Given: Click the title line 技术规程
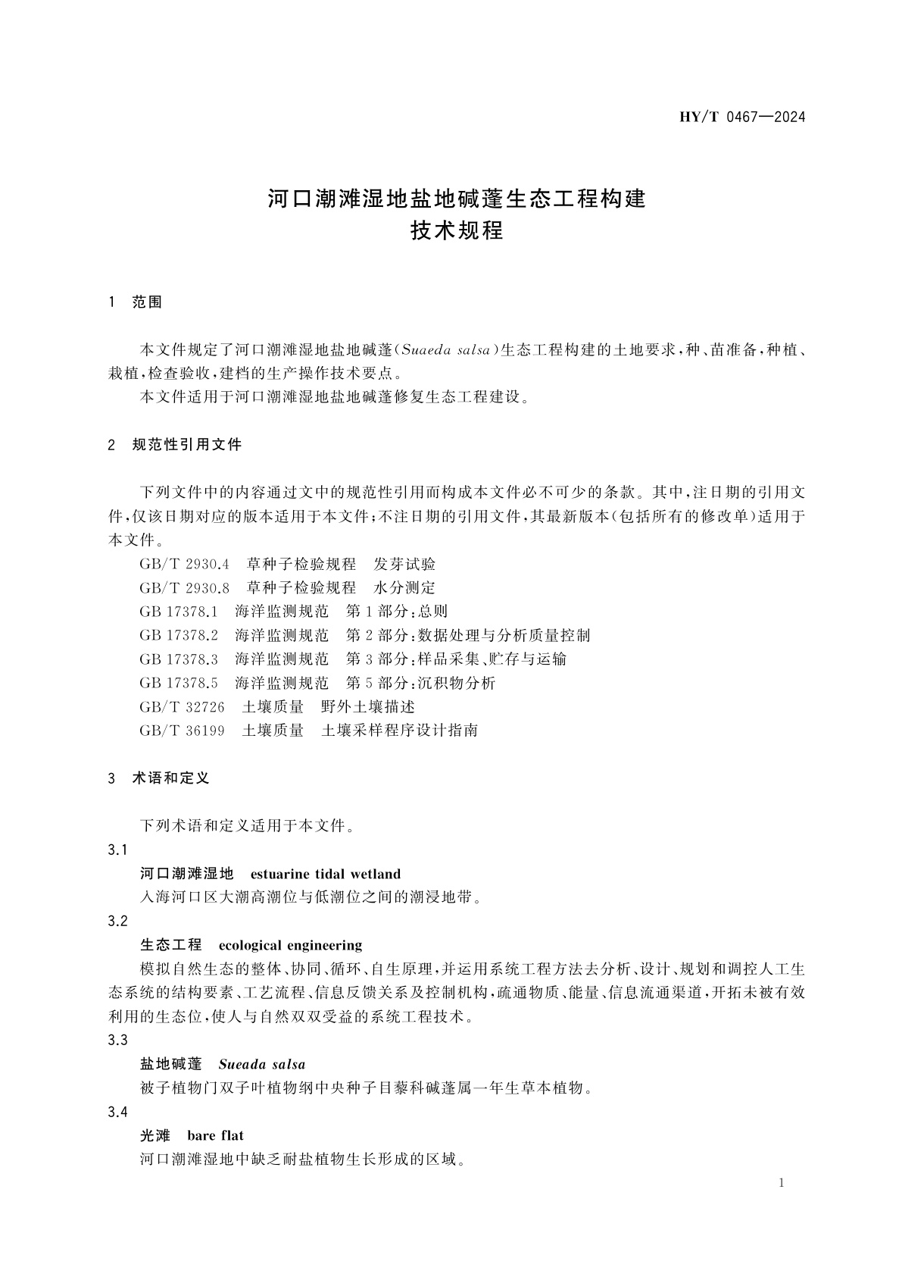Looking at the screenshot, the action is [x=457, y=230].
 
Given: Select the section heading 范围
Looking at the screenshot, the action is [x=148, y=302].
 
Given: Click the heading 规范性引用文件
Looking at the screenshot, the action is [x=187, y=445].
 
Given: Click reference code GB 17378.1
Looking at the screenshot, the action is [x=179, y=612].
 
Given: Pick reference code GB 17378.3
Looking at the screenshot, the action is [x=179, y=659].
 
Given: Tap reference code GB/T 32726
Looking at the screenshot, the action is [x=183, y=706].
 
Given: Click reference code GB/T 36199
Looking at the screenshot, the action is [x=183, y=731].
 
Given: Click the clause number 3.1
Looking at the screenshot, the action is [x=118, y=850].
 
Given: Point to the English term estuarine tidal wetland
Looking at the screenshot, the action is [x=325, y=874].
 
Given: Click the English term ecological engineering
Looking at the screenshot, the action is [x=290, y=945].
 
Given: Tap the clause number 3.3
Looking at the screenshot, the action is [x=118, y=1041].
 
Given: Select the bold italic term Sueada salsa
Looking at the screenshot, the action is [x=262, y=1064].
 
